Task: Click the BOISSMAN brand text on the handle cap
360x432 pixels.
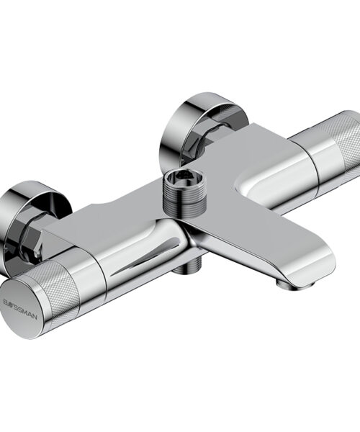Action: pyautogui.click(x=20, y=307)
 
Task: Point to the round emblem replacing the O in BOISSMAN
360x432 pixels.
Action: pyautogui.click(x=9, y=303)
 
